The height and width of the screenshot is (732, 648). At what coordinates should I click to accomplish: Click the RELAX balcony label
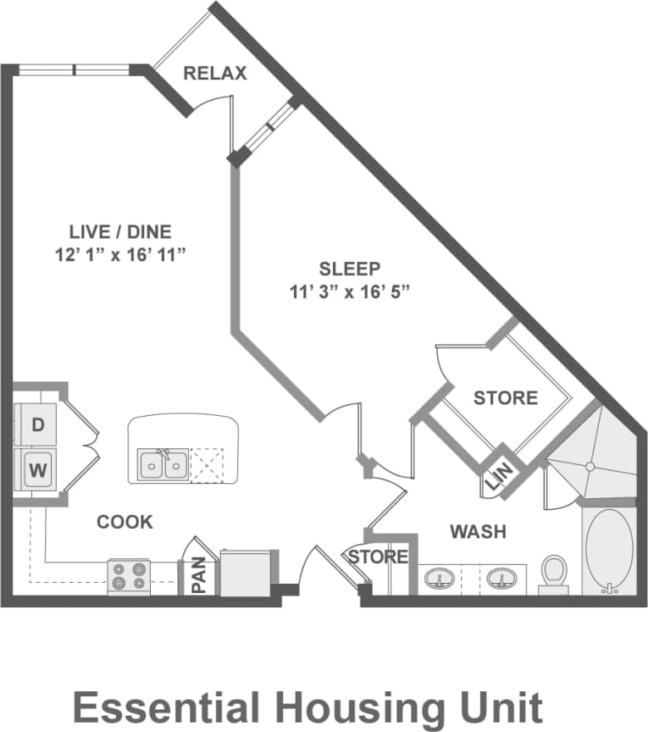click(x=215, y=74)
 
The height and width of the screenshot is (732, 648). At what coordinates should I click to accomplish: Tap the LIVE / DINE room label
click(x=120, y=230)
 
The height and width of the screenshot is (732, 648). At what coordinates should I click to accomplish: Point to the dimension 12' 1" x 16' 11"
click(x=120, y=255)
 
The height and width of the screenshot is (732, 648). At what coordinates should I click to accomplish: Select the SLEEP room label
click(x=349, y=269)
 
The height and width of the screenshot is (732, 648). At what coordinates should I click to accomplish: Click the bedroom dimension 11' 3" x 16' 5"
click(x=349, y=292)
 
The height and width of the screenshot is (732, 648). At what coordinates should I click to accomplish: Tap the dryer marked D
click(x=37, y=424)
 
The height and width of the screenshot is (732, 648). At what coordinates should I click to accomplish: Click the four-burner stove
click(x=129, y=577)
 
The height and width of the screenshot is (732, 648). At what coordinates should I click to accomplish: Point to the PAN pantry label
click(x=199, y=575)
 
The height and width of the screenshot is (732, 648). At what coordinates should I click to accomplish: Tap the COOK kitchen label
click(x=125, y=522)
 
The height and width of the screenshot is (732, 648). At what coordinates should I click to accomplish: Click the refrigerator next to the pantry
click(x=246, y=573)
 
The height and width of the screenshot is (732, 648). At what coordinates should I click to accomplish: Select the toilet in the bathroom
click(x=554, y=571)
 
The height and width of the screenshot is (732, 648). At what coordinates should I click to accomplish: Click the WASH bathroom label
click(x=478, y=532)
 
